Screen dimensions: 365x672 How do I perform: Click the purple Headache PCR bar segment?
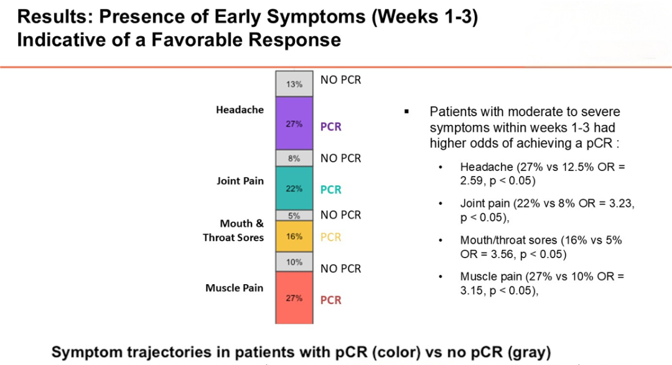click(x=294, y=124)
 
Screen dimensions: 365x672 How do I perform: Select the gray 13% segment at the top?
click(x=294, y=84)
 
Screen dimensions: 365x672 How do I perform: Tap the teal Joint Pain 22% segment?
click(x=294, y=188)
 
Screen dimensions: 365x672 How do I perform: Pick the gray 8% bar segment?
click(x=294, y=159)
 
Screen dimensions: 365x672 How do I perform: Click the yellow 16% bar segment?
click(x=294, y=236)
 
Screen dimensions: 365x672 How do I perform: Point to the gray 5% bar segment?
click(x=294, y=216)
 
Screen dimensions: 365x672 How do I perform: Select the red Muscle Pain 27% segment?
click(x=294, y=298)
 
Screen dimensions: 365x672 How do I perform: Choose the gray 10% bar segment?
click(x=294, y=262)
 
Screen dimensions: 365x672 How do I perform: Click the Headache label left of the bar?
click(x=240, y=110)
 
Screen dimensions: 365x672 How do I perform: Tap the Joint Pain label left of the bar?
click(x=240, y=182)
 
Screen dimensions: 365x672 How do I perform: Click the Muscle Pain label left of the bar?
click(x=235, y=289)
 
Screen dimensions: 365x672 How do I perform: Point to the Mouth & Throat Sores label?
click(x=233, y=231)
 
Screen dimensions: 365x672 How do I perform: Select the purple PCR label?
click(x=331, y=127)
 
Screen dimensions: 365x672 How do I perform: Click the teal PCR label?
click(x=331, y=190)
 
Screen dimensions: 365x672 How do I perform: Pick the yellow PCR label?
click(x=331, y=237)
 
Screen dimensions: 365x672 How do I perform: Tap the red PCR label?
click(x=331, y=300)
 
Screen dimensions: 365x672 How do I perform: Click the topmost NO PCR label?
click(x=340, y=80)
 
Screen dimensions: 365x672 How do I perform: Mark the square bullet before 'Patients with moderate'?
click(x=406, y=112)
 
